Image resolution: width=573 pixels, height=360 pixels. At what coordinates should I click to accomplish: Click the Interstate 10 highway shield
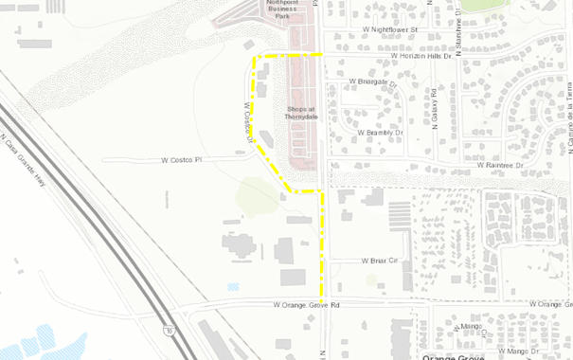click(169, 331)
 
